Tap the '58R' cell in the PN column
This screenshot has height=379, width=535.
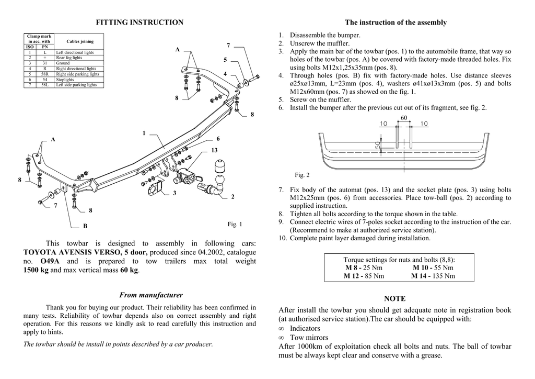point(45,74)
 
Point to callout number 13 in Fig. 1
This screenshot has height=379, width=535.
point(214,150)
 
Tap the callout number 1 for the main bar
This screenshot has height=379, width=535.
point(144,133)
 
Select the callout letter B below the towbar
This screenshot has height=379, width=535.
point(85,226)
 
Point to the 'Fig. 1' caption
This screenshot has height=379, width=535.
point(235,225)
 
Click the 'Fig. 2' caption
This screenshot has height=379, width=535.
point(302,175)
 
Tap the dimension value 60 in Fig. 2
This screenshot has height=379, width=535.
point(404,118)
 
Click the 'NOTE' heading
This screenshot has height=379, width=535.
point(394,298)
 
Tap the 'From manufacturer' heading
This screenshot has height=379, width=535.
point(151,295)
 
